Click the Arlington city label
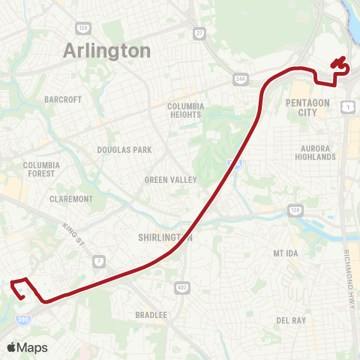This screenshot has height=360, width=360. click(107, 50)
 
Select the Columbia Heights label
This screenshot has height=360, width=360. click(186, 111)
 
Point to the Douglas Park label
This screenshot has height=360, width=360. click(124, 150)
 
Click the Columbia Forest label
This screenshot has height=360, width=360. click(40, 169)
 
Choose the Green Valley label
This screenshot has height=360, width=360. click(171, 180)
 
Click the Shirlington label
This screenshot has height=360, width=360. click(166, 238)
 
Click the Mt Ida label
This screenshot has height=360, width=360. click(286, 253)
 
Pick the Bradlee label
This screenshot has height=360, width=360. click(151, 315)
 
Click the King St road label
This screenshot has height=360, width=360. click(75, 233)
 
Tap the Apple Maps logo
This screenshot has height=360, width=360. click(27, 347)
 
